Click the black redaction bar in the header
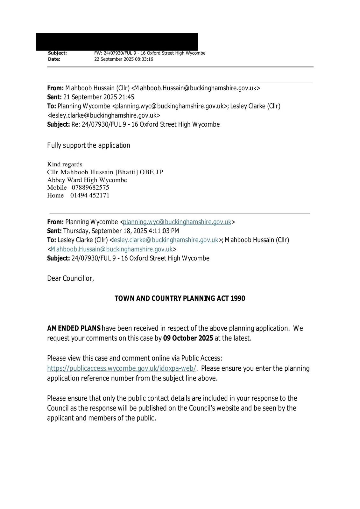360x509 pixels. pos(117,42)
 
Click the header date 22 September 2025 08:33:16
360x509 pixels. pos(124,59)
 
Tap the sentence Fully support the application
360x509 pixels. pos(88,145)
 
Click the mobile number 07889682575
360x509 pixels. pos(90,187)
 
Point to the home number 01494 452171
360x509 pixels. pos(90,195)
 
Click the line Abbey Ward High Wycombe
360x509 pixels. pos(87,180)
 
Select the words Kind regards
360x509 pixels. pos(65,164)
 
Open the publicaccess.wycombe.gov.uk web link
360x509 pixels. pos(122,368)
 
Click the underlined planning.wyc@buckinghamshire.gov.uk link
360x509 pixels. pos(177,222)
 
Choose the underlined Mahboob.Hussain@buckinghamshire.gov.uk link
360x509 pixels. pos(111,249)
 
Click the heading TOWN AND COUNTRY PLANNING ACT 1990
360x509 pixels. pos(180,298)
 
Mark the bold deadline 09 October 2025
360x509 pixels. pos(188,338)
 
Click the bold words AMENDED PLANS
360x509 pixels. pos(74,328)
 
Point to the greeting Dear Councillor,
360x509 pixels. pos(71,278)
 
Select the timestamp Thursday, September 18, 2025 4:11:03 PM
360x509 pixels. pos(121,231)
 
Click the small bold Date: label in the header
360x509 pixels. pos(54,59)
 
